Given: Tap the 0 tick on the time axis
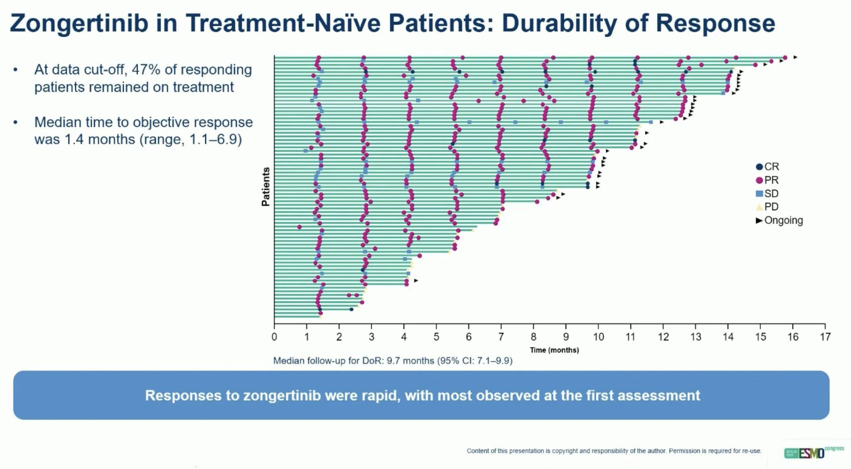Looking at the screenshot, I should pyautogui.click(x=274, y=336).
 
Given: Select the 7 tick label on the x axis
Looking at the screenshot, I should pyautogui.click(x=501, y=336).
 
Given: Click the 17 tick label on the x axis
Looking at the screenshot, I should pyautogui.click(x=825, y=336).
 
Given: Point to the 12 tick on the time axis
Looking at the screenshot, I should pyautogui.click(x=663, y=336).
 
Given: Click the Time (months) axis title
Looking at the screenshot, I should pyautogui.click(x=554, y=350).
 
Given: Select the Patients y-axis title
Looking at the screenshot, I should pyautogui.click(x=266, y=187).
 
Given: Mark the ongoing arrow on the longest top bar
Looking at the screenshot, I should pyautogui.click(x=795, y=57).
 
